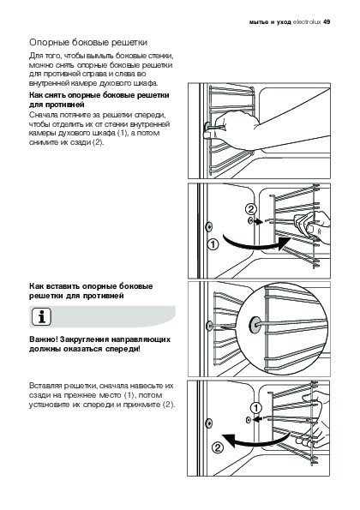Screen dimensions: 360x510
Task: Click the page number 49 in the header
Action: click(x=327, y=22)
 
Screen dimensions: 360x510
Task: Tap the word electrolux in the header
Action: click(x=307, y=22)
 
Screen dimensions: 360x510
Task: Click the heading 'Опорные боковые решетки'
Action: click(x=88, y=43)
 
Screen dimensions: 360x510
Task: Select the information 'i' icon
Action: click(x=42, y=317)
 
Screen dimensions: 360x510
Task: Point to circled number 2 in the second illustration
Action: click(x=251, y=209)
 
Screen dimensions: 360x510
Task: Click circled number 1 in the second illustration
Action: click(x=213, y=244)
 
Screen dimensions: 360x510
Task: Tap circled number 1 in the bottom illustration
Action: click(x=256, y=407)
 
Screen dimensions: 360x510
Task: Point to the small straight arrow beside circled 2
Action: click(x=259, y=222)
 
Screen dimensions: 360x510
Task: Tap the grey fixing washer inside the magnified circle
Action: click(x=254, y=325)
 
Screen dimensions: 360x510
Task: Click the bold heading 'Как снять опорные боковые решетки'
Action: click(x=99, y=95)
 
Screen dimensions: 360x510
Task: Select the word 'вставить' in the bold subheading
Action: click(x=62, y=286)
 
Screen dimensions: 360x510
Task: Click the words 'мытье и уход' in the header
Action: click(x=270, y=22)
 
